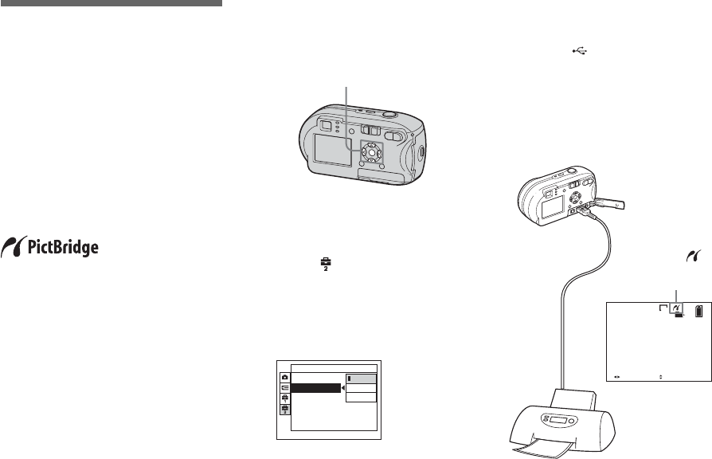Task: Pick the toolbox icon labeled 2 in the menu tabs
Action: coord(284,408)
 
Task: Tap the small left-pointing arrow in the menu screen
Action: coord(343,388)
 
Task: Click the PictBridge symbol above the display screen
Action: coord(687,256)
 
